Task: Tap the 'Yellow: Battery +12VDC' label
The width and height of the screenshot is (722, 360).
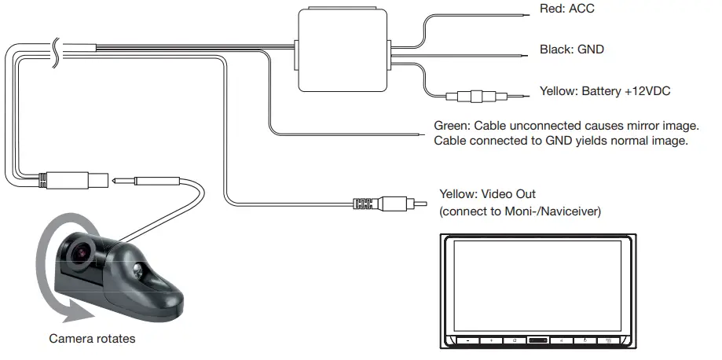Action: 604,92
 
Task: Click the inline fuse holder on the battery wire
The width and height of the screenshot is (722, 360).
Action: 475,97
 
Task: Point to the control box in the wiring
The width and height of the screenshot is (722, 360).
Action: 343,48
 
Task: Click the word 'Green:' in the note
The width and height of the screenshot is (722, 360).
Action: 453,126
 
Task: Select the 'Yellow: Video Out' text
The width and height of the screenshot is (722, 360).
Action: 488,194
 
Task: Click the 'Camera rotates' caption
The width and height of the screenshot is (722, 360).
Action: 92,340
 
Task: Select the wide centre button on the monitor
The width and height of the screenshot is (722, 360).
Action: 538,341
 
